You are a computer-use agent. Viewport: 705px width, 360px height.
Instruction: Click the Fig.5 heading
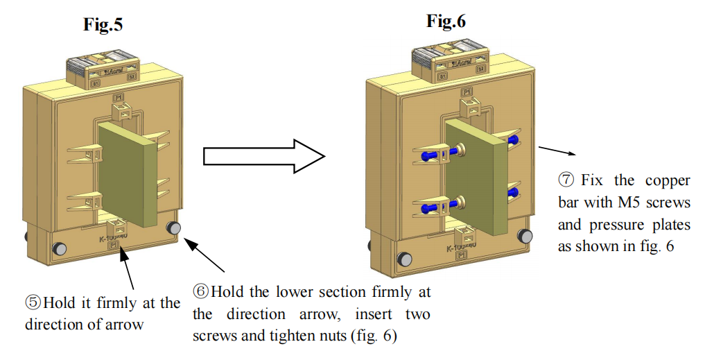click(103, 26)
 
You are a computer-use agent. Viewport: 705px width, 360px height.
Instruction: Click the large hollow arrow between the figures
click(264, 155)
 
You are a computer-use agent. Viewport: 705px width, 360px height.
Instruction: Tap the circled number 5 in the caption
click(33, 303)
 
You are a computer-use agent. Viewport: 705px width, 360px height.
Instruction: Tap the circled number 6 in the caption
click(201, 291)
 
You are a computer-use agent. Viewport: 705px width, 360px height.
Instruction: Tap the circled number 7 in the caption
click(566, 180)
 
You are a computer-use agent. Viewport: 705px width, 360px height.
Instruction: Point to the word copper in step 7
click(669, 180)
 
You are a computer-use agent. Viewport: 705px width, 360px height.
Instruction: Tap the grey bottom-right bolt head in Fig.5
click(173, 228)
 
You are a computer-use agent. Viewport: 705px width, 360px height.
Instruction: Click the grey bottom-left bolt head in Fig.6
click(404, 259)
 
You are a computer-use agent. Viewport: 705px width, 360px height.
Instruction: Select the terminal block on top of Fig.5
click(103, 72)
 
